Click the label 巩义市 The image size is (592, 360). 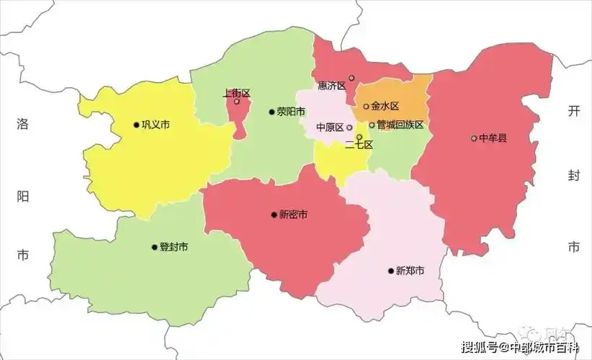[156, 125]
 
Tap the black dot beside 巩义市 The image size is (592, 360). [136, 125]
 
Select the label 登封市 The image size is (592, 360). [174, 247]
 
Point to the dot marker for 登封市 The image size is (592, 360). [154, 247]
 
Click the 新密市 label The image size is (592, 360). [294, 215]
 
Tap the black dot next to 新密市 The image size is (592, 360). [274, 215]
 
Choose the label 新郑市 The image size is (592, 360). [410, 271]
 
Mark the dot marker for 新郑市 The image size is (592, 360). [390, 271]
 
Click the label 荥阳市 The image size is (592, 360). [291, 112]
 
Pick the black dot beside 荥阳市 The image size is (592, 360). [272, 112]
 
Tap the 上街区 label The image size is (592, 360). [236, 93]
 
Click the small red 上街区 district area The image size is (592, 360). [238, 115]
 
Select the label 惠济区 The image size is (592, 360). [332, 86]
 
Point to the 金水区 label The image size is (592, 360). [385, 106]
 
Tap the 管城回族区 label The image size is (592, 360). [400, 125]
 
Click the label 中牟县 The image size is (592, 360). [493, 138]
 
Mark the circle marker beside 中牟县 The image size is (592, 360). [474, 138]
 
